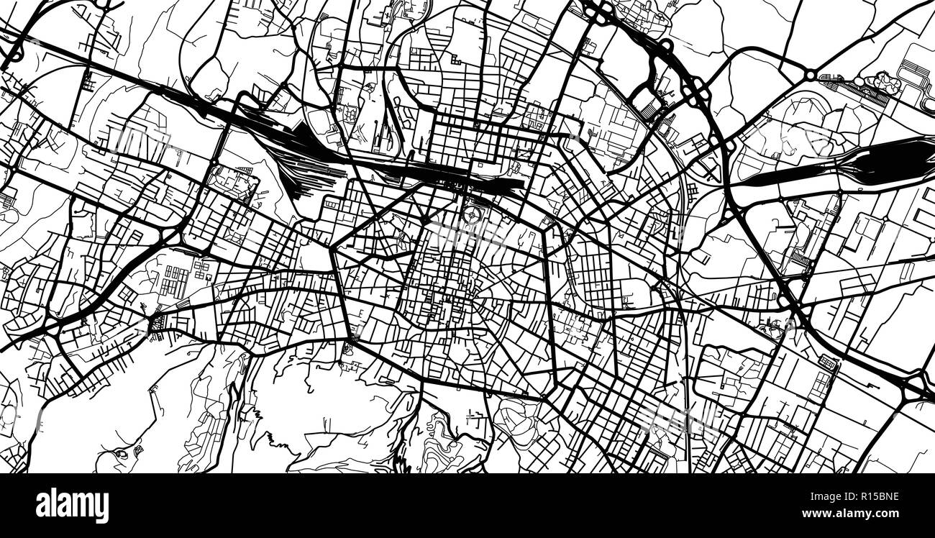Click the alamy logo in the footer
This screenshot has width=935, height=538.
point(72,506)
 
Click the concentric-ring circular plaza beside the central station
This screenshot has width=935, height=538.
point(472,214)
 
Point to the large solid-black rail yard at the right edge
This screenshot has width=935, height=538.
point(885,163)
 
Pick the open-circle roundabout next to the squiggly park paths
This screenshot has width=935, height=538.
point(811,74)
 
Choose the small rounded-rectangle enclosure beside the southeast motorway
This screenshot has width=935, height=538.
point(828,363)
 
